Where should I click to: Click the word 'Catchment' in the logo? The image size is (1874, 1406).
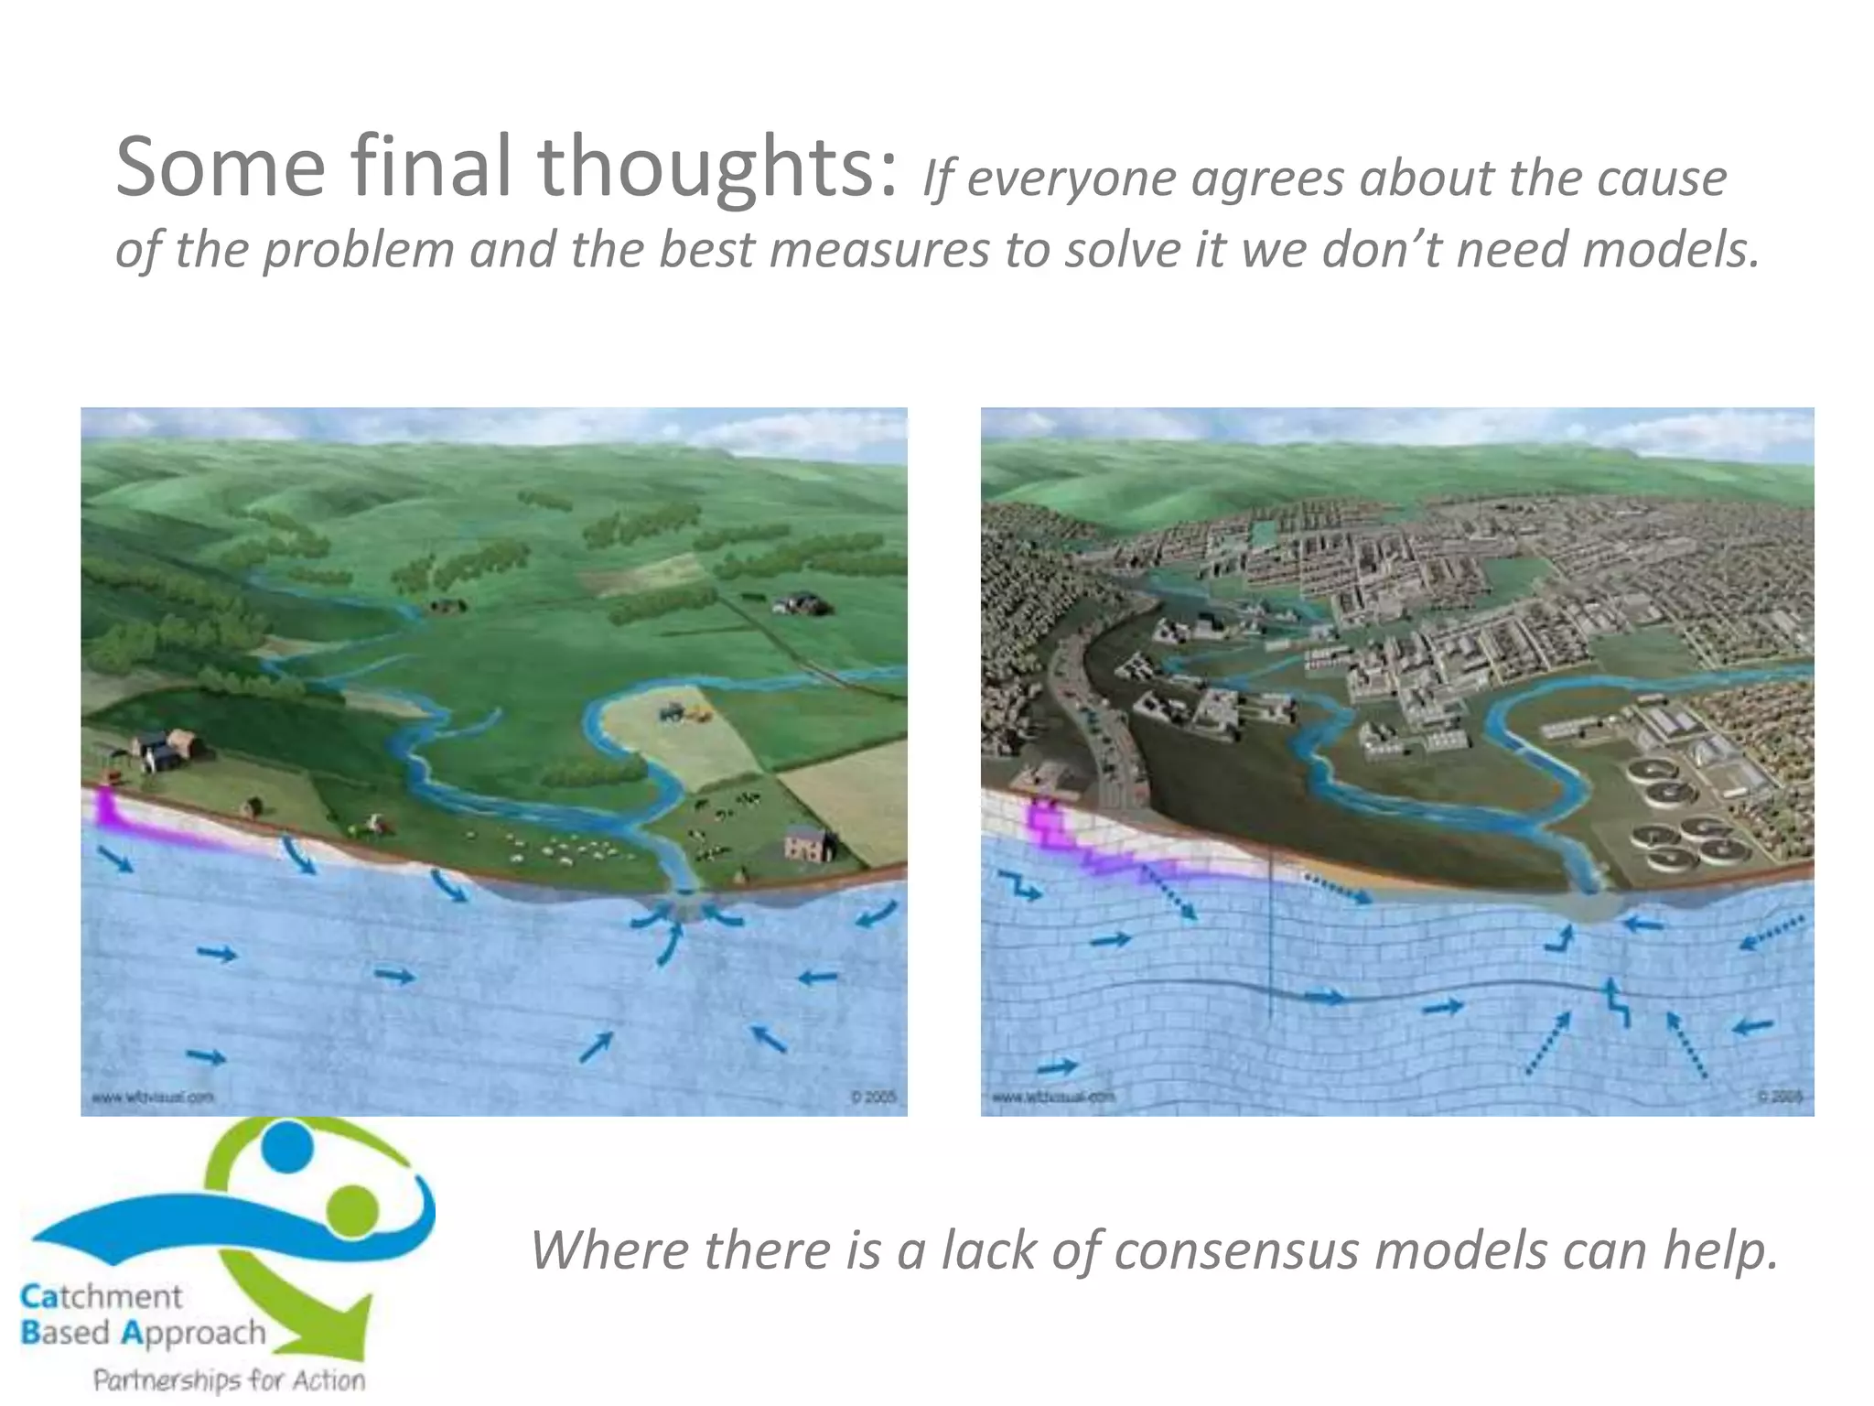click(x=101, y=1296)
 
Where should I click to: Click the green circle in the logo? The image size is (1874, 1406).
click(x=352, y=1210)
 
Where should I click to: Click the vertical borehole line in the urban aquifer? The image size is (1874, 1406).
click(x=1271, y=943)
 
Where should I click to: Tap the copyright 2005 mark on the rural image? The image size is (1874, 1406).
click(x=873, y=1097)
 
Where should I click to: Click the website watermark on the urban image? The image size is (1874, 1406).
click(x=1052, y=1096)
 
